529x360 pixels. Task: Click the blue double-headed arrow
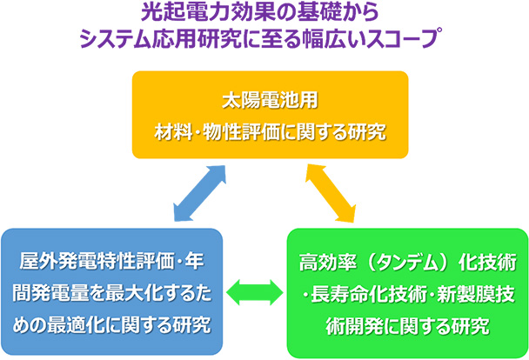click(199, 193)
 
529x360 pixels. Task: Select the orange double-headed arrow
click(331, 193)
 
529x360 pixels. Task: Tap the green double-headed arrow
click(255, 292)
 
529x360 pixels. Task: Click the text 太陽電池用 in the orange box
click(270, 101)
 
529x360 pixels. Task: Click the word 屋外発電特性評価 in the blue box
click(97, 261)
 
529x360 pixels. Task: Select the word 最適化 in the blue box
click(72, 325)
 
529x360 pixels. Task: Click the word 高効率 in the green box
click(324, 262)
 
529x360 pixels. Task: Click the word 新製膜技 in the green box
click(476, 294)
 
